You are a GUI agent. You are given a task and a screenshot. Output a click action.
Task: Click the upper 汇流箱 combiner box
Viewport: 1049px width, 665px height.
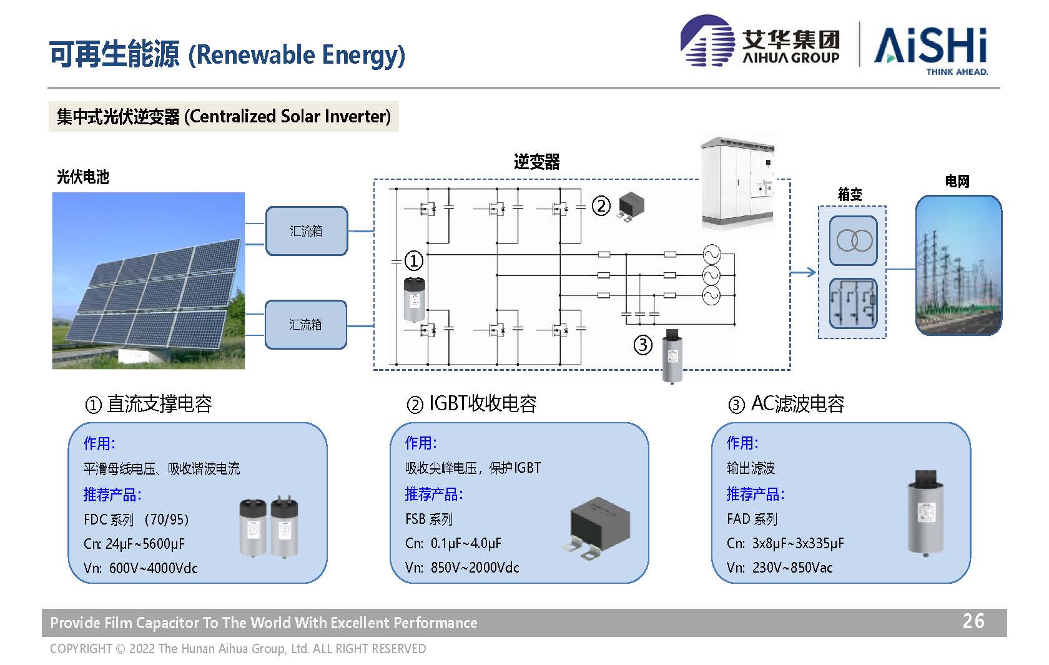point(307,231)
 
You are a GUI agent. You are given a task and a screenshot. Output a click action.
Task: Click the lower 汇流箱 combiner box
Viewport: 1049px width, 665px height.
point(306,325)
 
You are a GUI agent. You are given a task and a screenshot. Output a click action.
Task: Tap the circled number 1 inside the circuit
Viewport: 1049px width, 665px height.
point(413,261)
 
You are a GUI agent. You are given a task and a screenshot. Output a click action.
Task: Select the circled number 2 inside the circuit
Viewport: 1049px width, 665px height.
point(601,206)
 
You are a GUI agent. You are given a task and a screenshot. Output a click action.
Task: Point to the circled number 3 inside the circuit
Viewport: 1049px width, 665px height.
point(643,345)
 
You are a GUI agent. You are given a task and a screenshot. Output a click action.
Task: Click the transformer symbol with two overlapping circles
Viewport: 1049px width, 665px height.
point(853,241)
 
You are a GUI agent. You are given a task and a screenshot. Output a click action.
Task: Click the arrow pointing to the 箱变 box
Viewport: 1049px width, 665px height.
point(803,272)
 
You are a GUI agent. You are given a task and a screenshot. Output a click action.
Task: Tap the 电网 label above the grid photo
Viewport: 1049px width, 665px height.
point(957,181)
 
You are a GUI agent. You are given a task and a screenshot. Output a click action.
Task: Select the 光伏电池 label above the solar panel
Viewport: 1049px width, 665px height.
point(83,177)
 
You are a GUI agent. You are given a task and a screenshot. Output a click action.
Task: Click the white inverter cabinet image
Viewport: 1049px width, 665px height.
point(737,182)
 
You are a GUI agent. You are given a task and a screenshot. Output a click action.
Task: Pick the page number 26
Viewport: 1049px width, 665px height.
point(973,621)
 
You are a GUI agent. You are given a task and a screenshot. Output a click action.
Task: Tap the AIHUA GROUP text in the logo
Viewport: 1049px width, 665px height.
point(791,57)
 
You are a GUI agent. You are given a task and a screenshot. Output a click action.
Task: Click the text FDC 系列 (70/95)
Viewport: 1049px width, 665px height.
point(136,520)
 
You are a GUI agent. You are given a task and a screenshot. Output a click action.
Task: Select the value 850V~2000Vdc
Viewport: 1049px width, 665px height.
point(475,568)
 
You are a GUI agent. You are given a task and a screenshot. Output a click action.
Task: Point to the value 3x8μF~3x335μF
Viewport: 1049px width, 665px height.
point(798,543)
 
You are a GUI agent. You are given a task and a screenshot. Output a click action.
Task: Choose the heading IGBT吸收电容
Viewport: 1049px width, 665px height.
point(483,403)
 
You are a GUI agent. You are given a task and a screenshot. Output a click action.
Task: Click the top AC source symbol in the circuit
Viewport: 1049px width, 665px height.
point(711,254)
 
